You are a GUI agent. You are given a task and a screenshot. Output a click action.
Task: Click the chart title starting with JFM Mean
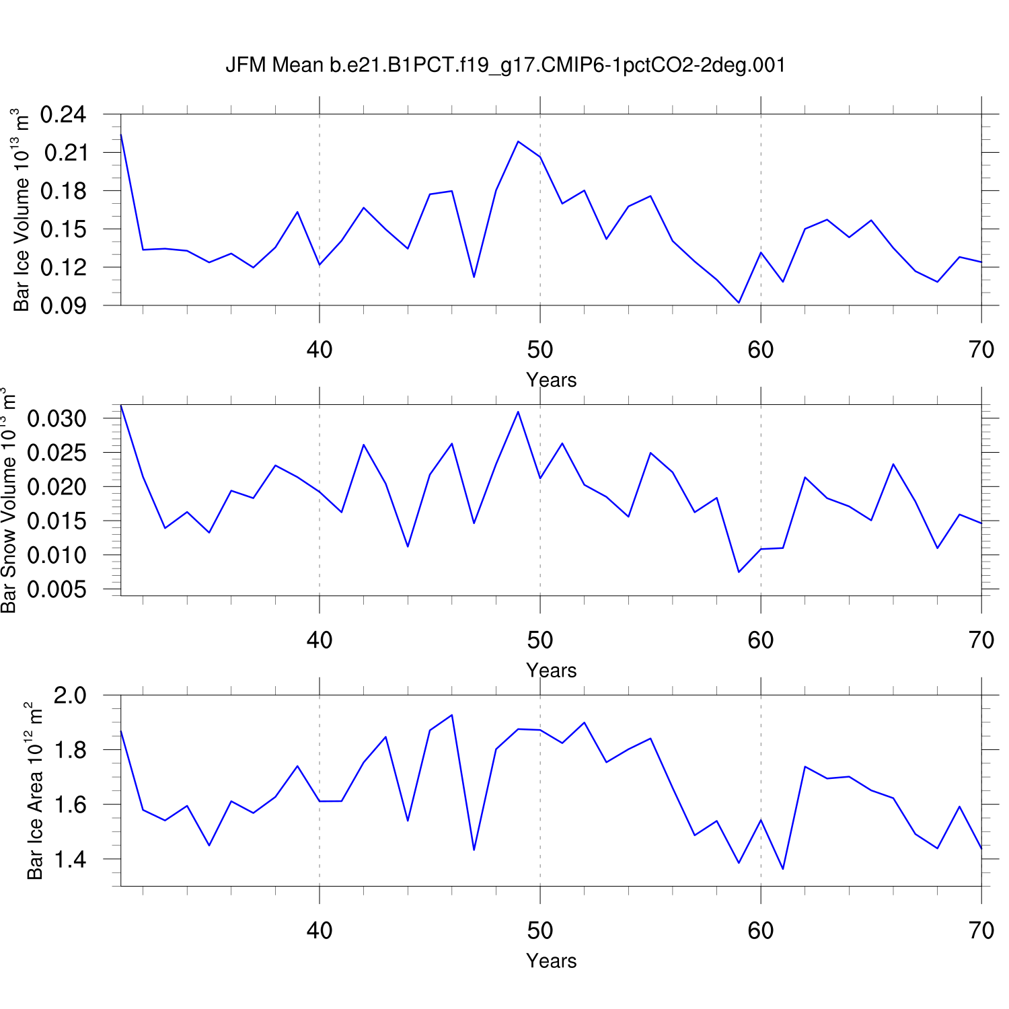[505, 65]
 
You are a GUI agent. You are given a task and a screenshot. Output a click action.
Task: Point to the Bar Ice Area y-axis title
[35, 791]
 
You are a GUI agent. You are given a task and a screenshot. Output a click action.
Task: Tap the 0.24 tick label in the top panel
[63, 115]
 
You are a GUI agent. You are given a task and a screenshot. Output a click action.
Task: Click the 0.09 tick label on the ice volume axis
[63, 306]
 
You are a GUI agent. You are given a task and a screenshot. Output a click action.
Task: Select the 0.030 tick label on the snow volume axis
[57, 418]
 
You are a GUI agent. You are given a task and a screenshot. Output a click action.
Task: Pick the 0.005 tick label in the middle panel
[57, 590]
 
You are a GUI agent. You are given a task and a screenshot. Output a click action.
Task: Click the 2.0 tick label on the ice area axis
[70, 696]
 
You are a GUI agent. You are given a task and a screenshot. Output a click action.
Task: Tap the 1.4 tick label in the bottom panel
[70, 860]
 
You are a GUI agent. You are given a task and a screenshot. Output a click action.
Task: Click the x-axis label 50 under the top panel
[540, 350]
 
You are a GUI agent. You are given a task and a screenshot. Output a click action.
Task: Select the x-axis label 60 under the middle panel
[761, 640]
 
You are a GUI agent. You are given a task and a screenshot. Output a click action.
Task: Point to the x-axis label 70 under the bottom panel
[981, 931]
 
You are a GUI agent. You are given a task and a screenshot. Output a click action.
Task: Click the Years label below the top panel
[552, 380]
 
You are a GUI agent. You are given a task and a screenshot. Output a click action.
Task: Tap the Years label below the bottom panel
[552, 961]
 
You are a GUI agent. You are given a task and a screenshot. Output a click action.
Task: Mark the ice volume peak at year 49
[518, 141]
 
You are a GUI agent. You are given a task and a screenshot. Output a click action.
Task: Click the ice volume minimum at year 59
[739, 303]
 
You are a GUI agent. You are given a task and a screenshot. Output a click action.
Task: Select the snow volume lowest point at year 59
[739, 572]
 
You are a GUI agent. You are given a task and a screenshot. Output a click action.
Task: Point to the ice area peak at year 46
[452, 715]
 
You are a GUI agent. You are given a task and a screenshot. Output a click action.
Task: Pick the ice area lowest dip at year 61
[783, 868]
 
